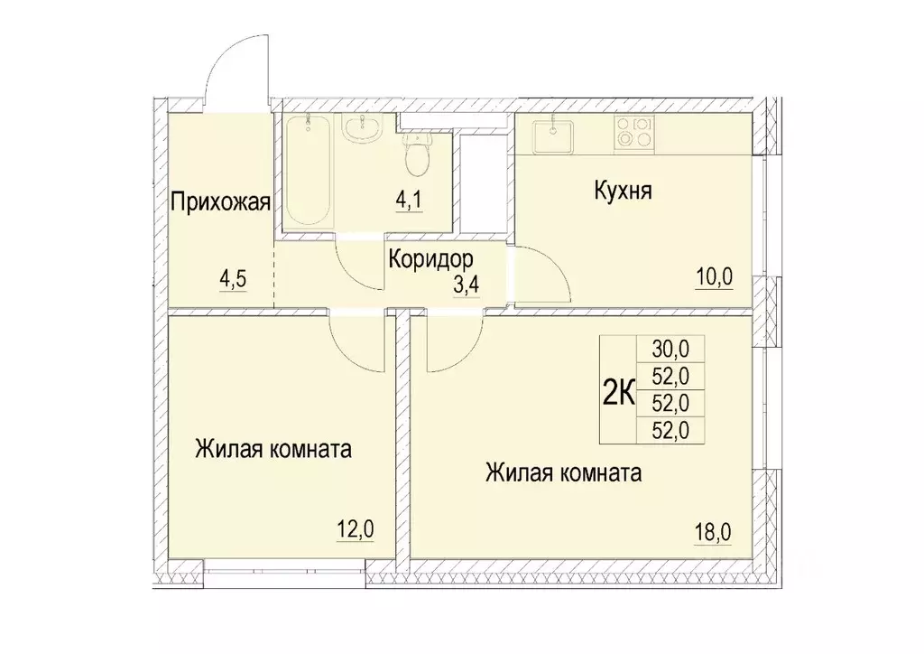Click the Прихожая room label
[x=220, y=201]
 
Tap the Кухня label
[x=623, y=192]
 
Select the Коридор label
[x=430, y=260]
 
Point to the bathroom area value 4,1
[x=410, y=199]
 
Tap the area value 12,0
[x=355, y=528]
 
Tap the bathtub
[x=308, y=169]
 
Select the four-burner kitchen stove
[x=633, y=134]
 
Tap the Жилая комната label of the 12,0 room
[x=273, y=449]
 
